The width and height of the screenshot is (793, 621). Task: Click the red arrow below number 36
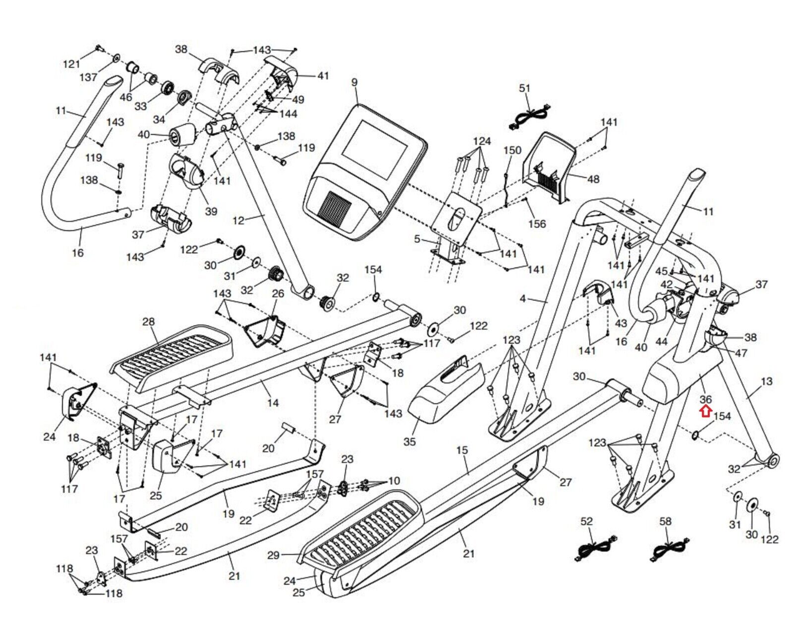pyautogui.click(x=705, y=411)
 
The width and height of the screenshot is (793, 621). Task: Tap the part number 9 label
pyautogui.click(x=354, y=82)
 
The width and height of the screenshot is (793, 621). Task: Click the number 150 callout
pyautogui.click(x=512, y=150)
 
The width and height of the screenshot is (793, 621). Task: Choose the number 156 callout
pyautogui.click(x=537, y=224)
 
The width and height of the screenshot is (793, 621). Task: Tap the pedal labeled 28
pyautogui.click(x=171, y=356)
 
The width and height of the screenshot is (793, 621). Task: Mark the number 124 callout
pyautogui.click(x=482, y=141)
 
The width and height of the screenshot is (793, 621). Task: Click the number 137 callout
pyautogui.click(x=89, y=77)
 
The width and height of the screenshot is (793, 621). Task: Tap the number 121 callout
pyautogui.click(x=71, y=64)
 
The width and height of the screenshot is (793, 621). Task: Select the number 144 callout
pyautogui.click(x=288, y=114)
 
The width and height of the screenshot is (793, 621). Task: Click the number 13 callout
pyautogui.click(x=766, y=381)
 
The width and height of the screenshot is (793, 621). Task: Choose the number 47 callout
pyautogui.click(x=741, y=353)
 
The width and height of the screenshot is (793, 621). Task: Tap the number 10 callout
pyautogui.click(x=394, y=481)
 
